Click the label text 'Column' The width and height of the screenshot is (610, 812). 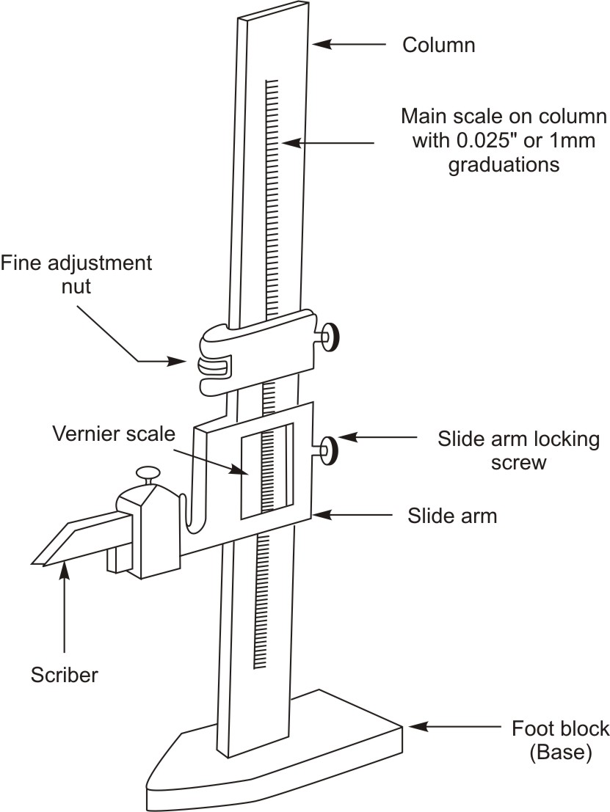pyautogui.click(x=439, y=45)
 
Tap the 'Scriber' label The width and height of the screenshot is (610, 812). pyautogui.click(x=65, y=675)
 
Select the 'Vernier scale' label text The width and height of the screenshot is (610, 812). pyautogui.click(x=114, y=433)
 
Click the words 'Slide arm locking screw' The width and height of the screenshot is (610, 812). pyautogui.click(x=518, y=451)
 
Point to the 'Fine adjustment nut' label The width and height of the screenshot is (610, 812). pyautogui.click(x=76, y=274)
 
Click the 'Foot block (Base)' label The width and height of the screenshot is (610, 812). pyautogui.click(x=560, y=740)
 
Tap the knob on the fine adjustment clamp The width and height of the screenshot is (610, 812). pyautogui.click(x=332, y=337)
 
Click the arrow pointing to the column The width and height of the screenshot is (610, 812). pyautogui.click(x=349, y=45)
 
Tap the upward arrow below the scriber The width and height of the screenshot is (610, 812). pyautogui.click(x=65, y=609)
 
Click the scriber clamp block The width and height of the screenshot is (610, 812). pyautogui.click(x=150, y=533)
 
